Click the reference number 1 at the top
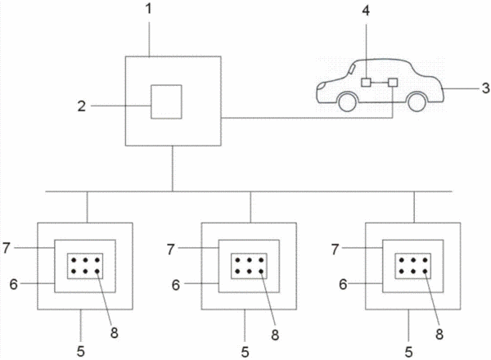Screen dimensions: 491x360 point(149,9)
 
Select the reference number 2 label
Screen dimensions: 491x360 point(82,106)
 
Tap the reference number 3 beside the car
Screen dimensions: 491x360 point(485,88)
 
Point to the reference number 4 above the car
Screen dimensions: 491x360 point(366,11)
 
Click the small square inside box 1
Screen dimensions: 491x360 point(166,101)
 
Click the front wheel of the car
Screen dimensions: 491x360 point(347,101)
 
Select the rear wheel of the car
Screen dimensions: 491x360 point(417,101)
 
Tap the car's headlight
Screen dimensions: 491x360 point(321,85)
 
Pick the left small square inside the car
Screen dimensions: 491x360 point(366,83)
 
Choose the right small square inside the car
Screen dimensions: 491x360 point(393,83)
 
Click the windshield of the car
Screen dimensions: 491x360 point(352,68)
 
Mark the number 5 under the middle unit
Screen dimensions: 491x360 point(245,352)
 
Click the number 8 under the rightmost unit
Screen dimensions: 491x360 point(439,335)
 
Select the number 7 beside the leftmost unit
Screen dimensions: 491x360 point(7,248)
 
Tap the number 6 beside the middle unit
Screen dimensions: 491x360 point(176,285)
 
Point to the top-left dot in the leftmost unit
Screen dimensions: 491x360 point(74,260)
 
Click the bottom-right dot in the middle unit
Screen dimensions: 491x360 point(261,272)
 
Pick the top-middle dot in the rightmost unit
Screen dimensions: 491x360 point(413,260)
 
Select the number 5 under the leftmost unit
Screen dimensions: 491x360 point(81,352)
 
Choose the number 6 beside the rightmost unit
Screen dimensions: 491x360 point(343,284)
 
